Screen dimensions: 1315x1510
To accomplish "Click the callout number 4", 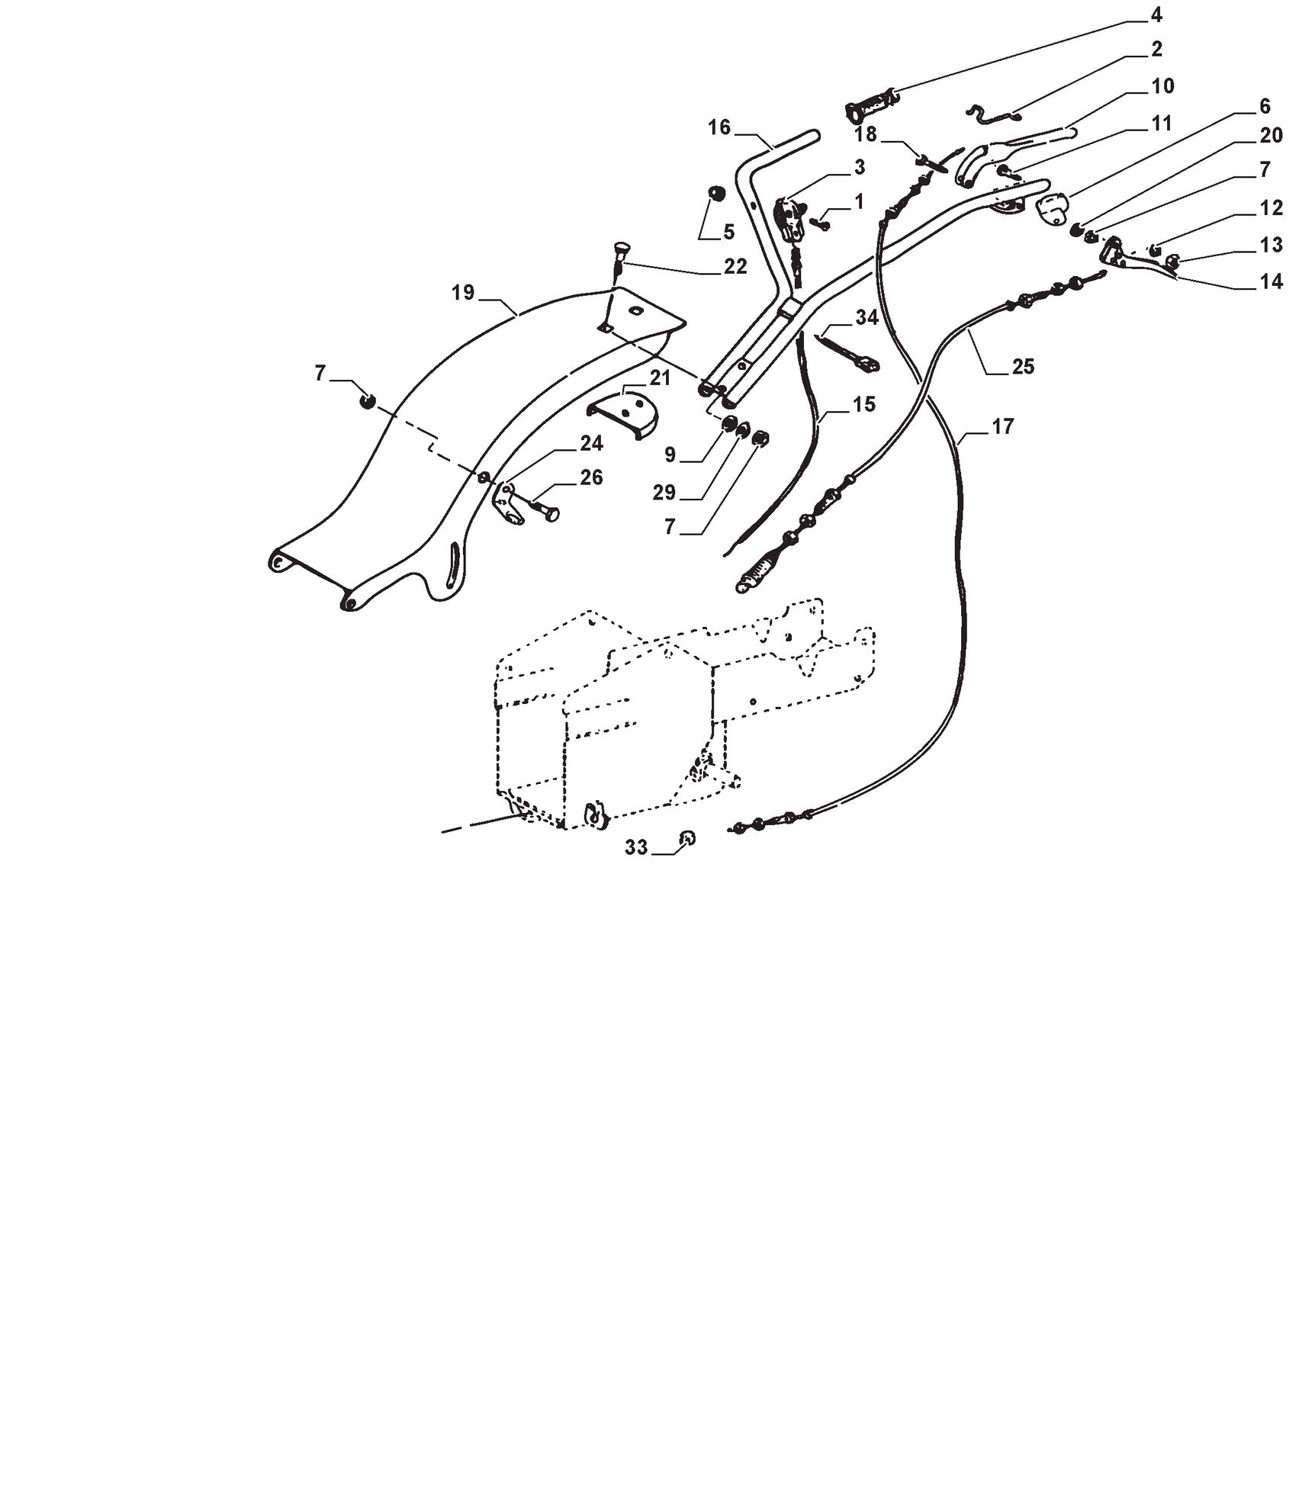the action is point(1156,15).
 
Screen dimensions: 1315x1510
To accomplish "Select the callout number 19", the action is point(463,293).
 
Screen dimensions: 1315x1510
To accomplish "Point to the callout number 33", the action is point(636,847).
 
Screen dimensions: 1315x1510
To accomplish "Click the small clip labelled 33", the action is point(687,838).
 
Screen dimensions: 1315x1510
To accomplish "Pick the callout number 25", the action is point(1022,367).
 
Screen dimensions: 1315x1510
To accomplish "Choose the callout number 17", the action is point(1002,426).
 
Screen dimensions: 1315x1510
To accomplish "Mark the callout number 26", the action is point(591,477).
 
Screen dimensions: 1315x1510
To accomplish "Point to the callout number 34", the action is point(866,317).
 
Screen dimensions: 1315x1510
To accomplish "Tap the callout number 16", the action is point(719,127).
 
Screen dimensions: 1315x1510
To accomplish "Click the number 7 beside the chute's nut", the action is point(320,374).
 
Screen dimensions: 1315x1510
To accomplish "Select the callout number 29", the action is point(664,493).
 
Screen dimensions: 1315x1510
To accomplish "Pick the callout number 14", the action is point(1271,282).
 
